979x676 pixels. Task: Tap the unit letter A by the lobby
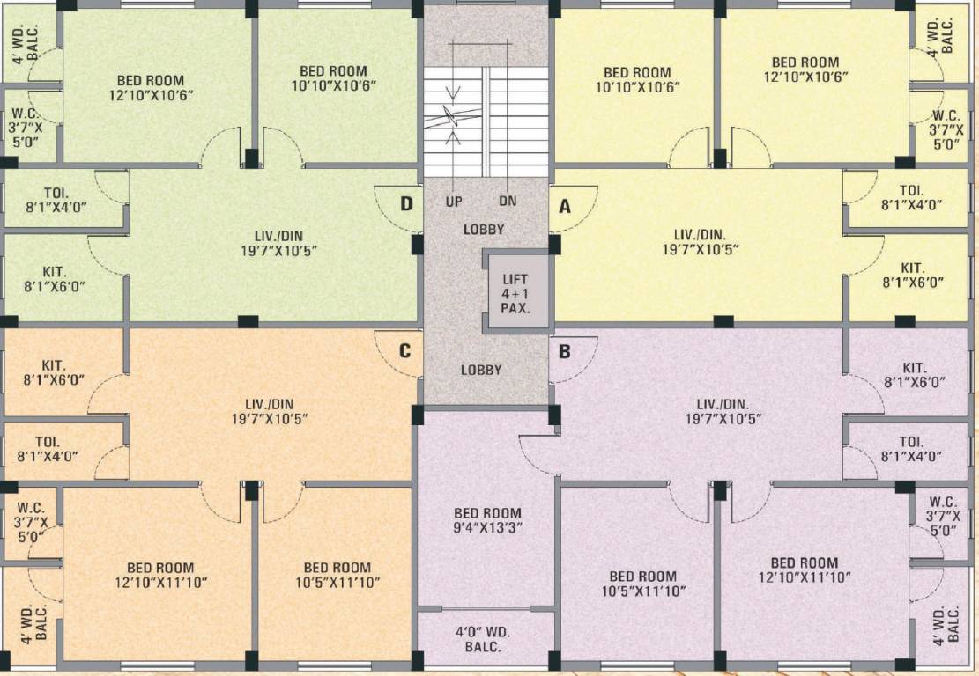tap(565, 206)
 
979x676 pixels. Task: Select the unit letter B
tap(565, 351)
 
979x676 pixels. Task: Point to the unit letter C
tap(404, 351)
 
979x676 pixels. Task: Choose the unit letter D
tap(406, 204)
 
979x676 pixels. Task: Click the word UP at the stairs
tap(454, 202)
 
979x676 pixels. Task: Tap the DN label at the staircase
tap(508, 202)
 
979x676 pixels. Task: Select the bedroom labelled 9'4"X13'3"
tap(487, 520)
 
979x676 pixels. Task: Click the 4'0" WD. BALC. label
tap(483, 639)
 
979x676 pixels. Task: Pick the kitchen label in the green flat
tap(55, 278)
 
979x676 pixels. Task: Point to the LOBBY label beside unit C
tap(481, 370)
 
